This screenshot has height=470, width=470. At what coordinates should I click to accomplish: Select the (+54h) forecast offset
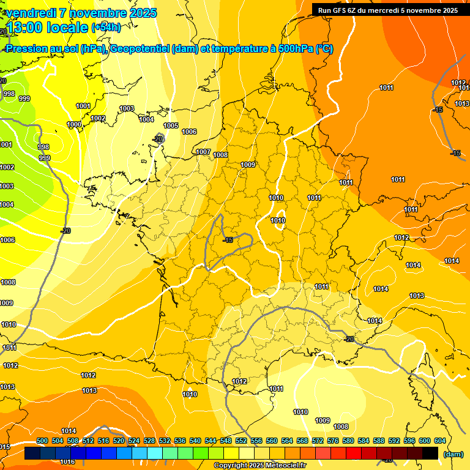(106, 27)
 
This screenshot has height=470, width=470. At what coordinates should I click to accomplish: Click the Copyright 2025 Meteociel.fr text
(259, 466)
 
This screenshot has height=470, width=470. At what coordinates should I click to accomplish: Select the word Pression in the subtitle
(25, 49)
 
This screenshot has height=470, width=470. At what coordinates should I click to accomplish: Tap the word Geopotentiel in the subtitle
(139, 49)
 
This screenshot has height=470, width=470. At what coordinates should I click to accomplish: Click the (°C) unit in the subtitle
(324, 49)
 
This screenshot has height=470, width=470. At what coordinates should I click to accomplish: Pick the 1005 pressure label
(171, 125)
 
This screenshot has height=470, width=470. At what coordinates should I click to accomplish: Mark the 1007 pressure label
(203, 152)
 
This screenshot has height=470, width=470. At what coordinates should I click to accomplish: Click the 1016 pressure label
(67, 461)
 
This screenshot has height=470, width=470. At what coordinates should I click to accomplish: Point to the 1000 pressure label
(74, 124)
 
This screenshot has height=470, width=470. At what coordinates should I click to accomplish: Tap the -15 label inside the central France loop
(228, 239)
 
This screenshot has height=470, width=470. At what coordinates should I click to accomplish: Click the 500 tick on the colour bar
(42, 441)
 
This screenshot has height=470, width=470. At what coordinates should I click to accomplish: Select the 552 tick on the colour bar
(241, 441)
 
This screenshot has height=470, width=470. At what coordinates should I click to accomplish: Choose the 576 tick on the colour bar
(333, 441)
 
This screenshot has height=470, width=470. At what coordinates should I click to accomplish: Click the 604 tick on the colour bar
(439, 441)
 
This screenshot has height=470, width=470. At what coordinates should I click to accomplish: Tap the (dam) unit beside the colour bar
(453, 454)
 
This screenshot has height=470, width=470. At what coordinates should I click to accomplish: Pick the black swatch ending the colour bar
(430, 453)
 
